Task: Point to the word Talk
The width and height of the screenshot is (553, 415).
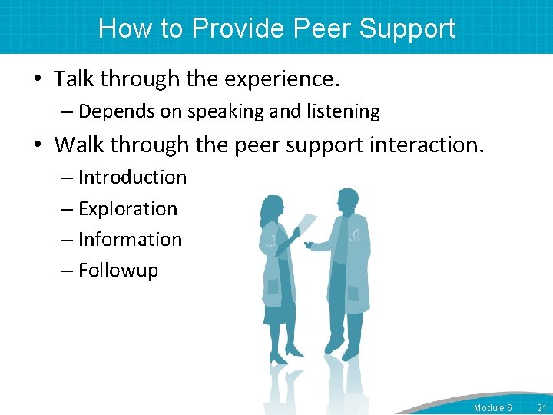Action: [x=75, y=78]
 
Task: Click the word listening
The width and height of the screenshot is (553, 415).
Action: [x=343, y=111]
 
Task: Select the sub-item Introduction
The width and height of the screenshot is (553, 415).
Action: [x=132, y=178]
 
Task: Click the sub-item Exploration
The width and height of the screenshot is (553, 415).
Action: [x=127, y=209]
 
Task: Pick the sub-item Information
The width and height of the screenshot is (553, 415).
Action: [x=130, y=240]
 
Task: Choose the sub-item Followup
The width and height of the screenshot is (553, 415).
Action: [x=118, y=271]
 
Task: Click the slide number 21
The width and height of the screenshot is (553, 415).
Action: [x=541, y=407]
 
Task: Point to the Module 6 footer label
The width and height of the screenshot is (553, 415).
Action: [x=492, y=407]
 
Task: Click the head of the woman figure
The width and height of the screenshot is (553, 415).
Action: [x=272, y=208]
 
